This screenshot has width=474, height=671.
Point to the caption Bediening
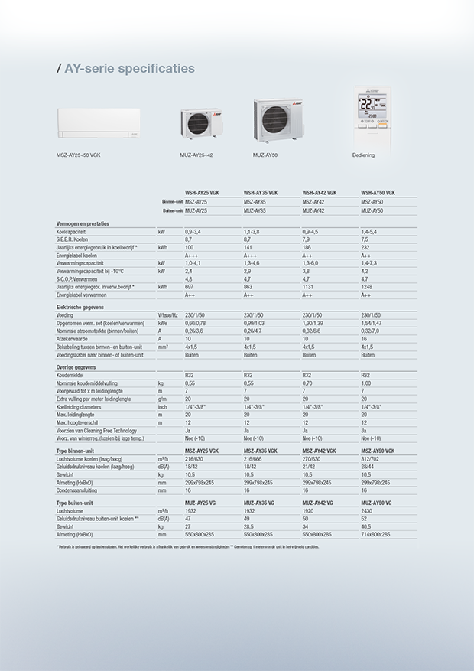[363, 155]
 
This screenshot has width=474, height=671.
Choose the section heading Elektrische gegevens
[80, 307]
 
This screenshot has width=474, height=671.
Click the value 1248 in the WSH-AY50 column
[366, 286]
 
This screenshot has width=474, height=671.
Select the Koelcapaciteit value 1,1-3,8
[252, 231]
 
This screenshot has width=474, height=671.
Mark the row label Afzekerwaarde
[72, 338]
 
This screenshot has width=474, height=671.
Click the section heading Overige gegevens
[75, 367]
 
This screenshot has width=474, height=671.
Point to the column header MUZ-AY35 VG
[259, 503]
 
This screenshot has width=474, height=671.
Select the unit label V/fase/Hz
[167, 314]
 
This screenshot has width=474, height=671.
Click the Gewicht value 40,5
[366, 526]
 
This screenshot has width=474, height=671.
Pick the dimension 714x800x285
[375, 534]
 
